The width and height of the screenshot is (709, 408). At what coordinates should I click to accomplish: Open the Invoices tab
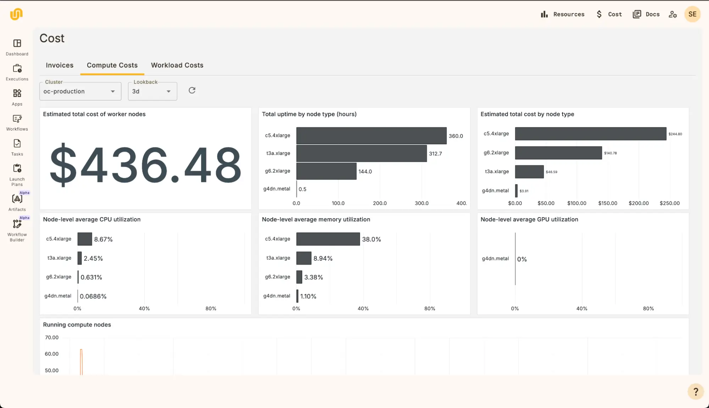60,65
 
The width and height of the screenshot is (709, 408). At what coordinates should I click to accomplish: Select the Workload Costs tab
177,65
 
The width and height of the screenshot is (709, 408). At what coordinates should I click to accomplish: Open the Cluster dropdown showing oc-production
80,92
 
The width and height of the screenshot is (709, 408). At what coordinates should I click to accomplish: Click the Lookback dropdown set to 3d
152,92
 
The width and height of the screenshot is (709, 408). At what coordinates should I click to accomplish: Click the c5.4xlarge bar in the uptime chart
371,136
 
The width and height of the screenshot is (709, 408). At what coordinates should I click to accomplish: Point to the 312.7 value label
436,154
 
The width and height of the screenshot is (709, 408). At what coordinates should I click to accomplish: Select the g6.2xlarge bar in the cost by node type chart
558,153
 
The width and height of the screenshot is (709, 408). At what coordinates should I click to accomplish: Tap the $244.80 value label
675,134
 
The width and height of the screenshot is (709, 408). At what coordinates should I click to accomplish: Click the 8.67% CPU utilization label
103,239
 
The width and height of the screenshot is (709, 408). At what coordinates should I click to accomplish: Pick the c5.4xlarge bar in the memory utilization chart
328,239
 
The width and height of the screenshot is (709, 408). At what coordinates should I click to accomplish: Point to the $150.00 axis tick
608,203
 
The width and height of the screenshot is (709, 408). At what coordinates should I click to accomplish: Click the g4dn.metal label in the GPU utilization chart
495,259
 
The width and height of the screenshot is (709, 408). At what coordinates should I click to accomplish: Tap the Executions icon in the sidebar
17,69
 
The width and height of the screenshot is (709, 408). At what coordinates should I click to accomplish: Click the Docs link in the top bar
646,14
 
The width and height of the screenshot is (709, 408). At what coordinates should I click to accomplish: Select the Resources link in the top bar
563,14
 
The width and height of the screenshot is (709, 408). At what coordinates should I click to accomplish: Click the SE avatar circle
692,14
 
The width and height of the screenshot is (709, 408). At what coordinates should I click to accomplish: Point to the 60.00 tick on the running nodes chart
52,354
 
